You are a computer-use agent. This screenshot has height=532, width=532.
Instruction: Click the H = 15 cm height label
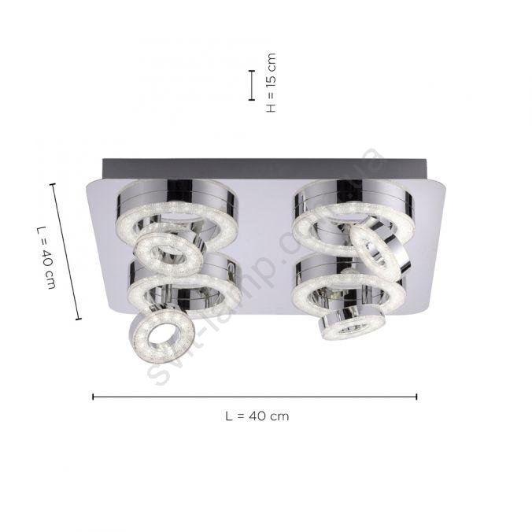(272, 83)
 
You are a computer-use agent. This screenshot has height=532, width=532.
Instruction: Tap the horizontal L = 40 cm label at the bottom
(257, 416)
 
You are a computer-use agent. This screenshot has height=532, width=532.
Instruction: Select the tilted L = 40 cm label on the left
(46, 257)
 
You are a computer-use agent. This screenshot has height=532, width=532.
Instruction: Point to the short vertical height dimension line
(251, 85)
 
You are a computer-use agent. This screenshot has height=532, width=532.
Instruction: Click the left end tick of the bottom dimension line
(93, 397)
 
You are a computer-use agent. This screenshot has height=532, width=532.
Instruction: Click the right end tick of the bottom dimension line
(416, 397)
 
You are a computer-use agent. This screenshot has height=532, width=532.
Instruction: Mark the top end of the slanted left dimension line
(53, 184)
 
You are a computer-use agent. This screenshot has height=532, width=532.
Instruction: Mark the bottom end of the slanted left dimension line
(79, 319)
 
